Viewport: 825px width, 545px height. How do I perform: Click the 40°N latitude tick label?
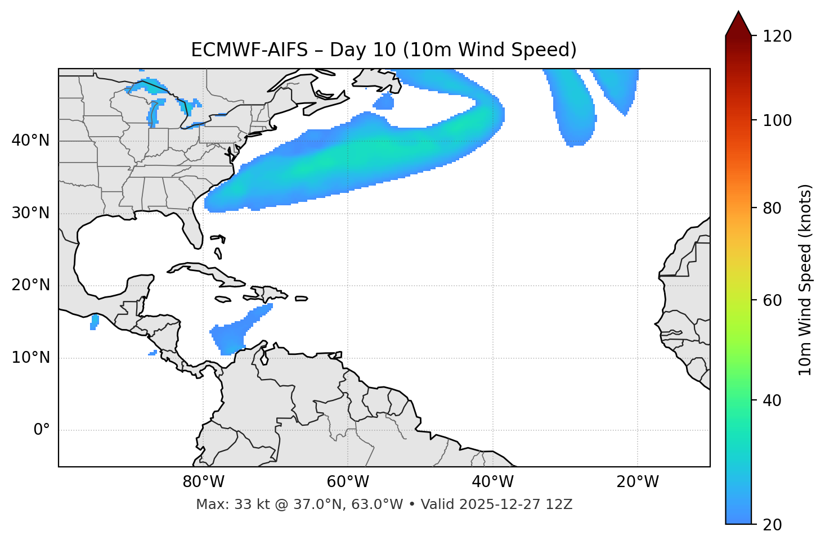30,141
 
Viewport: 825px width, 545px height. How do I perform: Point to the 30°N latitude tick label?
30,213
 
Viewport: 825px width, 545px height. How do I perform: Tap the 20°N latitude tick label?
30,285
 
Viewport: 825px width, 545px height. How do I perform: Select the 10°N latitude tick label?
30,358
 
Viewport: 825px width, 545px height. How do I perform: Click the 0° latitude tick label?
42,430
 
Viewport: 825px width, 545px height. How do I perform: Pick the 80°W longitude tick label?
203,482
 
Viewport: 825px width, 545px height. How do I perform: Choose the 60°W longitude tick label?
348,482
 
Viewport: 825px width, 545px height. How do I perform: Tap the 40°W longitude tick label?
493,482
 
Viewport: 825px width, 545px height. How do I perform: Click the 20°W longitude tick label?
638,482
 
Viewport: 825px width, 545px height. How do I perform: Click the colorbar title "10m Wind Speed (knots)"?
805,280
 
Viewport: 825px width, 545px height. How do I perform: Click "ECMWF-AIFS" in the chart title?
249,50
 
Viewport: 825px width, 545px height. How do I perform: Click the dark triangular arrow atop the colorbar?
738,24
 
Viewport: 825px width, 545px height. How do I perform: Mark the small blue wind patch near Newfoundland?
384,102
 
